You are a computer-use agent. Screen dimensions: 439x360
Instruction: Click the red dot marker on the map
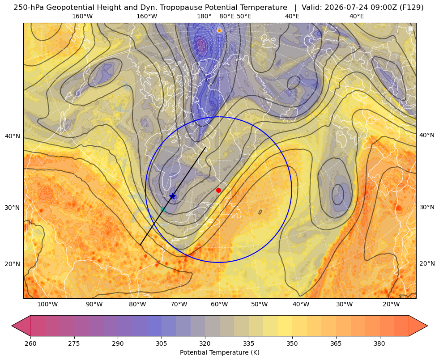219,190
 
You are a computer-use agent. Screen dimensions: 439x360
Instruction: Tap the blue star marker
172,196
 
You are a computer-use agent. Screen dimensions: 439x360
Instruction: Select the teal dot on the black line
163,209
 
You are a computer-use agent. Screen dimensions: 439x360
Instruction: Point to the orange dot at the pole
219,30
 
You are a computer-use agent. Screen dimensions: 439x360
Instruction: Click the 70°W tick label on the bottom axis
179,304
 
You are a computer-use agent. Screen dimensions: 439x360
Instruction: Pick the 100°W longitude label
47,304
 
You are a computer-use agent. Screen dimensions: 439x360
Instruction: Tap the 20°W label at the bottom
391,304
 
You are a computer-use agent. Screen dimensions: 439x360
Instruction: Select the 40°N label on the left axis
13,136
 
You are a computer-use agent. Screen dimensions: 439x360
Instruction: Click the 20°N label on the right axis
427,263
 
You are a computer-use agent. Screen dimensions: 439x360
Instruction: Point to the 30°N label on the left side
13,208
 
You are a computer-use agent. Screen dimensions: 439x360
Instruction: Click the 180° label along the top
204,16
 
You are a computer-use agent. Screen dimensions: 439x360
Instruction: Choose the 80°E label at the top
226,16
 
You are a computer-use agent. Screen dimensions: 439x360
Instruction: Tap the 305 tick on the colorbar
162,343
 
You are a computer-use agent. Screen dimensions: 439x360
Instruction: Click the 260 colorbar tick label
30,343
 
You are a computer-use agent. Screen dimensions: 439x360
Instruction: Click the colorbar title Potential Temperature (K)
219,352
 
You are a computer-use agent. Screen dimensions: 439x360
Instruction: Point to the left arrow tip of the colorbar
12,326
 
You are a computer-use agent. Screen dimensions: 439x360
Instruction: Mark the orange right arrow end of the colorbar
427,326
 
